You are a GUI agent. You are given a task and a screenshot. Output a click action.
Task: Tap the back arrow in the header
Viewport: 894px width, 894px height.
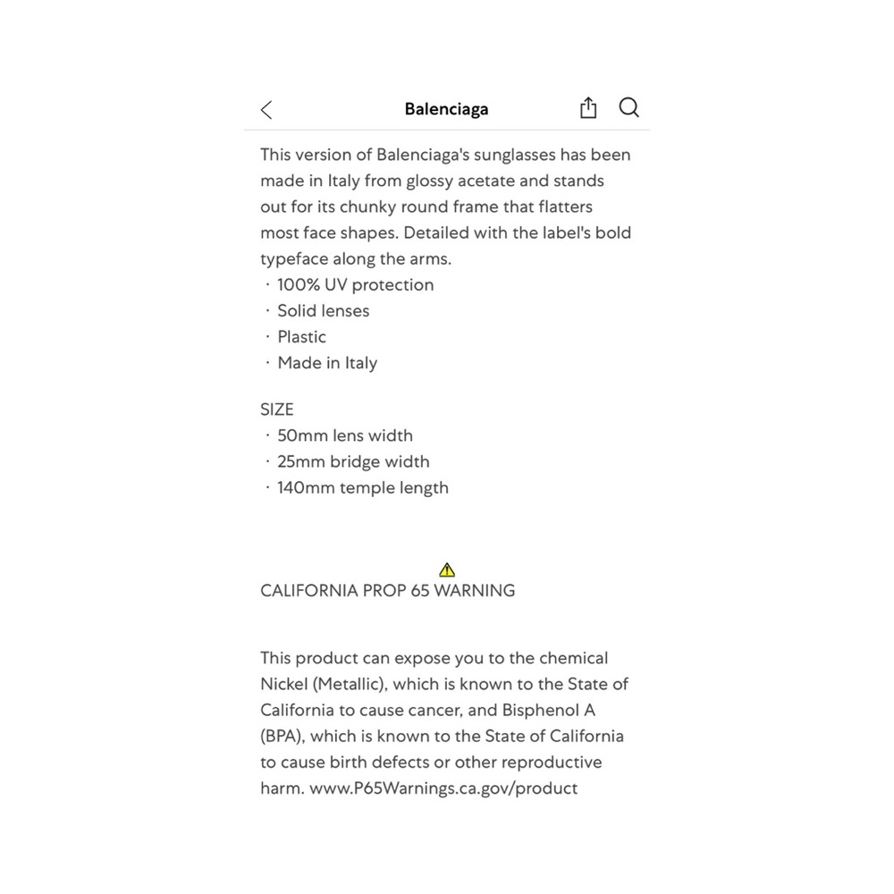266,110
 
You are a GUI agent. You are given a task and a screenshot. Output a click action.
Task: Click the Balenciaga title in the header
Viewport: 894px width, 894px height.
446,109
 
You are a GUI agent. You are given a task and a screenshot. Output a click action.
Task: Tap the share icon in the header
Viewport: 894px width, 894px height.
588,108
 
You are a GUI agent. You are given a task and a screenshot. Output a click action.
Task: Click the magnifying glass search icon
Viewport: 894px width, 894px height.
629,108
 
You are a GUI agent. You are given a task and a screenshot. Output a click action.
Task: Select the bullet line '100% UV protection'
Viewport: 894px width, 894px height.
355,285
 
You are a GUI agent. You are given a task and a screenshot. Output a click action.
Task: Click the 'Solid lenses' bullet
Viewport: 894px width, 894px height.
323,311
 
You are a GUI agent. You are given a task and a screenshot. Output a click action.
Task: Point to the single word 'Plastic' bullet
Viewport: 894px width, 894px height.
301,337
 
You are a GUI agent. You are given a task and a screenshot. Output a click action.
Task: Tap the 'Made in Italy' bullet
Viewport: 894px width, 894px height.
327,363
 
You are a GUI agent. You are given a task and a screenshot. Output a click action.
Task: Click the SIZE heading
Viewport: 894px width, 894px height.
277,409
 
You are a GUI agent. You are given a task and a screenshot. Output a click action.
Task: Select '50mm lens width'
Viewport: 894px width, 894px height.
345,435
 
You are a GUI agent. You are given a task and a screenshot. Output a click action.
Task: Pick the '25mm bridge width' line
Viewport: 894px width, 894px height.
353,461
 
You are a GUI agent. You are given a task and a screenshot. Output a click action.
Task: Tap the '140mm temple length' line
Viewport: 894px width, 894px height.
363,487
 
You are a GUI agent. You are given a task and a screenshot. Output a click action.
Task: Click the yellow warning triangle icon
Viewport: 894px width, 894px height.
448,569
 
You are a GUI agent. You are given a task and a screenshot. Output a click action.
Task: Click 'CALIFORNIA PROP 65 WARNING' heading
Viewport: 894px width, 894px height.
388,591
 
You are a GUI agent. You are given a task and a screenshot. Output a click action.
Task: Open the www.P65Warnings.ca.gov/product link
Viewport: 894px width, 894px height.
443,789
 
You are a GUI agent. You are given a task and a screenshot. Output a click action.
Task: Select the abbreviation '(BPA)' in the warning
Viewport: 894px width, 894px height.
283,737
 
